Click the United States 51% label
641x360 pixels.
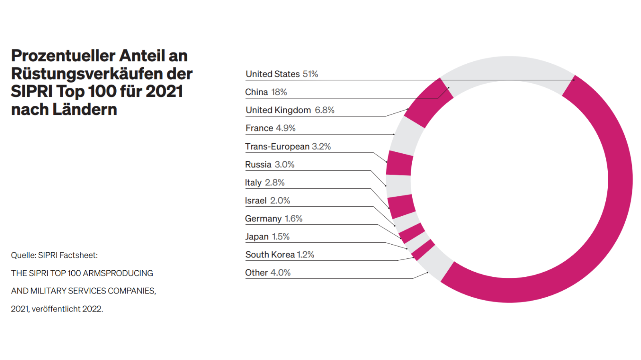click(x=282, y=74)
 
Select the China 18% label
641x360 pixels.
click(x=266, y=92)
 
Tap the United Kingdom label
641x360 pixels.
click(x=278, y=110)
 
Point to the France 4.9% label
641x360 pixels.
click(x=270, y=128)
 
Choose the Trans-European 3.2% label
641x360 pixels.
click(x=288, y=147)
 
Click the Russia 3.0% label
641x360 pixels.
click(x=270, y=165)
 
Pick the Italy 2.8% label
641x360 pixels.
click(x=264, y=183)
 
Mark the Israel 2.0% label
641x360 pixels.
click(x=267, y=201)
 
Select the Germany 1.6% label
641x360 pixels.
click(x=274, y=219)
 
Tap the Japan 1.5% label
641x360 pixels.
click(x=267, y=237)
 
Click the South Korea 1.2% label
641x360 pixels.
click(x=280, y=255)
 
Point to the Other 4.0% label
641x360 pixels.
click(x=268, y=273)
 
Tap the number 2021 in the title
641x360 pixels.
click(x=164, y=91)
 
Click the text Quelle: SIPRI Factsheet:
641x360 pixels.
click(x=54, y=255)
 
